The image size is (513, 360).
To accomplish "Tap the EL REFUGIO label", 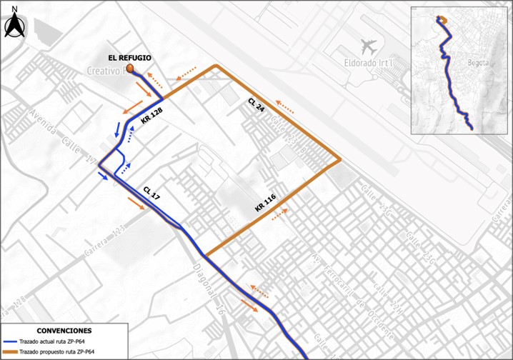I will [129, 57].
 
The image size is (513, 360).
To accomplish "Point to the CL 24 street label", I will [256, 106].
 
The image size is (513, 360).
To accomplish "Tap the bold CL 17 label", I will [151, 194].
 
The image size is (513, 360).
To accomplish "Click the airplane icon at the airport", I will [369, 47].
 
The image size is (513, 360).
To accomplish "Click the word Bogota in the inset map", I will [477, 63].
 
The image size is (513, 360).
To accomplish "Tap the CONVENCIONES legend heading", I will [64, 331].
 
